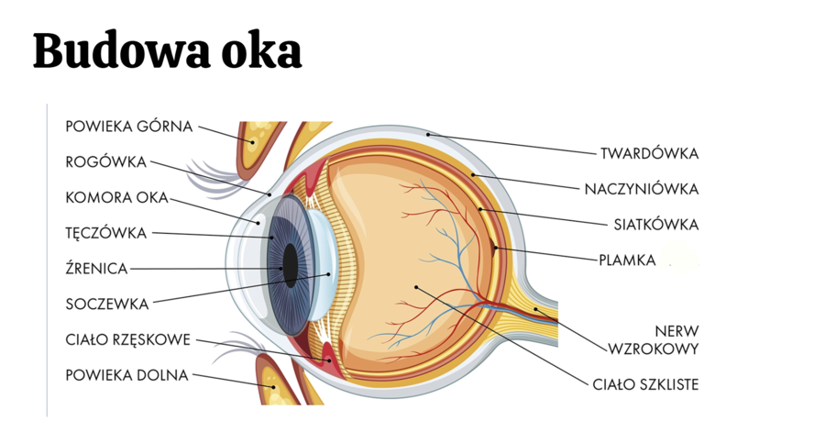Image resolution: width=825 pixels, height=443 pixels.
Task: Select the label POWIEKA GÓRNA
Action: pyautogui.click(x=129, y=127)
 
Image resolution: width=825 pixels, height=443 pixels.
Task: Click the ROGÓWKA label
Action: pyautogui.click(x=106, y=162)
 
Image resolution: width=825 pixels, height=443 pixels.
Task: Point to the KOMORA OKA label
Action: pyautogui.click(x=117, y=198)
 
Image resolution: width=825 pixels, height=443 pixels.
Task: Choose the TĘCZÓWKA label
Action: pyautogui.click(x=106, y=233)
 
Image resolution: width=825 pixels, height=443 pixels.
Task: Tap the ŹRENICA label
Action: pyautogui.click(x=96, y=269)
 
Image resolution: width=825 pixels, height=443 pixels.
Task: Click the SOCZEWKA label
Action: pyautogui.click(x=107, y=304)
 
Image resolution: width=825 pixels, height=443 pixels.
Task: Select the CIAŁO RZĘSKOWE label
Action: pyautogui.click(x=128, y=339)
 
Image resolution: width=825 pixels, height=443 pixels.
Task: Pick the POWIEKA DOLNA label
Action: pyautogui.click(x=126, y=374)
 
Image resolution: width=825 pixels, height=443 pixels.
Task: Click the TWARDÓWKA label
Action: pyautogui.click(x=649, y=153)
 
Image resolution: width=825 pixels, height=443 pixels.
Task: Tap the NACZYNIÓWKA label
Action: pyautogui.click(x=642, y=189)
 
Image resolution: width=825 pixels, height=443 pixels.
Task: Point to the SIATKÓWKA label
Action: pyautogui.click(x=656, y=224)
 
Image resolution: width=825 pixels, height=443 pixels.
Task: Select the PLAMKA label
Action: pyautogui.click(x=627, y=260)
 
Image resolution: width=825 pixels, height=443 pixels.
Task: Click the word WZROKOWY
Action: pyautogui.click(x=654, y=349)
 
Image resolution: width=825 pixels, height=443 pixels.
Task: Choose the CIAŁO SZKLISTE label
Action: pyautogui.click(x=645, y=384)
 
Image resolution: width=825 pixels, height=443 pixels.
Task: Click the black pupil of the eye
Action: pyautogui.click(x=290, y=266)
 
